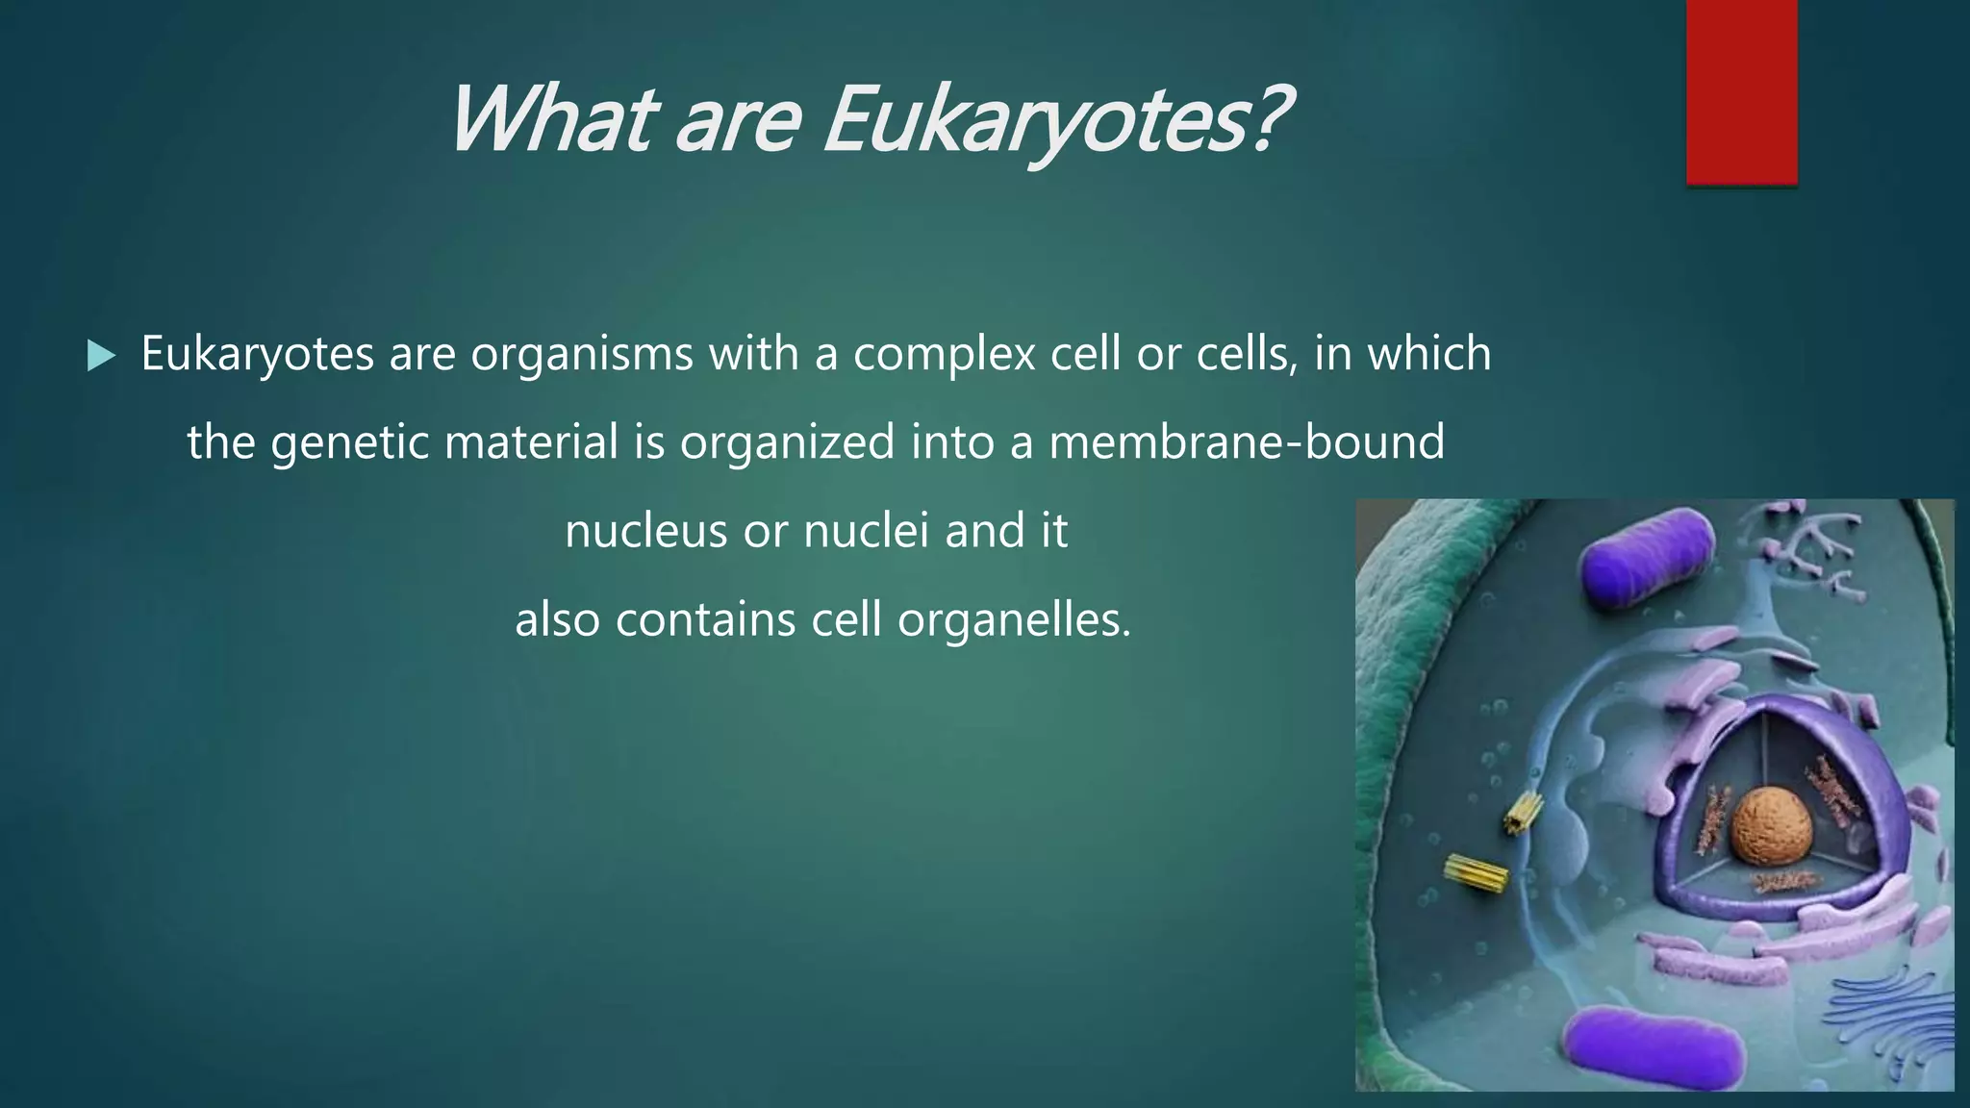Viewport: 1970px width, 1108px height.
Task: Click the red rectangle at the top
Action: (1741, 91)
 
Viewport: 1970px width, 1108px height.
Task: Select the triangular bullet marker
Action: (100, 356)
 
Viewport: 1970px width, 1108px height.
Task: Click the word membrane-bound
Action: (1246, 442)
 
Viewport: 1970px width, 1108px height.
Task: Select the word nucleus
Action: (645, 531)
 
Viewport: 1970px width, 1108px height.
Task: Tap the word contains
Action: (705, 619)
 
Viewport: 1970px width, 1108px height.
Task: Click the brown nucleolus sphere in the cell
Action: (1772, 824)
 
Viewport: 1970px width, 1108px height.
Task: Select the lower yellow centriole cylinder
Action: (1477, 871)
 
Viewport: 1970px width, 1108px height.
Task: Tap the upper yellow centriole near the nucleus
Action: (1522, 813)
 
